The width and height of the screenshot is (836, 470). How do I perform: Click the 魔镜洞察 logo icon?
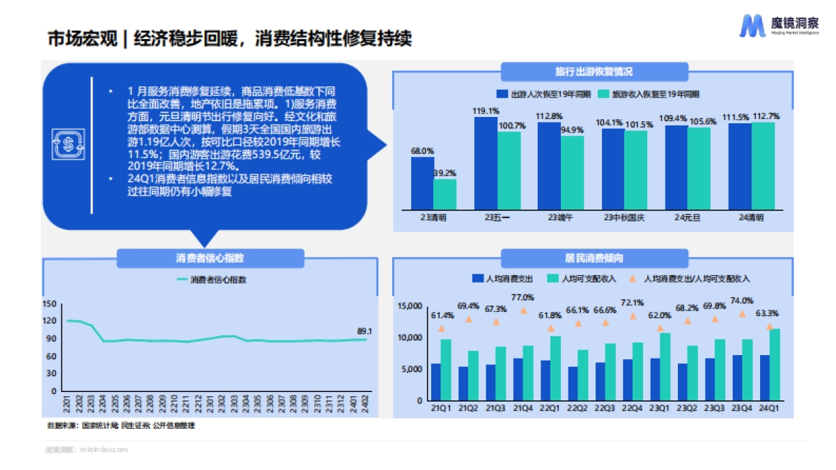pos(752,25)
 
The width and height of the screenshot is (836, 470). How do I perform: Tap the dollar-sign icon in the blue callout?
pos(68,145)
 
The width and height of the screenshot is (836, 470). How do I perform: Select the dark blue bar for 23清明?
pos(422,182)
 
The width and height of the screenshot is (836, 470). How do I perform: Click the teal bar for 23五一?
pos(509,170)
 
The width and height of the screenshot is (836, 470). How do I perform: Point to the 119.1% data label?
pos(486,111)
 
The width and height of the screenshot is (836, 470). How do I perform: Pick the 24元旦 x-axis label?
pos(687,217)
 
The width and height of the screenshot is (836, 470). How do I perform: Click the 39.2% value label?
pos(444,173)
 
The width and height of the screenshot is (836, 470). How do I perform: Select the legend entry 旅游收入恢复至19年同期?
pos(655,93)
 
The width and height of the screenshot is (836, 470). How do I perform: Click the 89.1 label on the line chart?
pos(364,331)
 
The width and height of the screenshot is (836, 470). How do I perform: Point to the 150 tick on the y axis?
pos(49,304)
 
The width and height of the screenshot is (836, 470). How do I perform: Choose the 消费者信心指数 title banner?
pos(210,258)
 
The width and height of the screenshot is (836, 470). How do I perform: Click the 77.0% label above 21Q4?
pos(522,298)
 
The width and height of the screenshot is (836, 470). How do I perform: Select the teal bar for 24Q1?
pos(774,364)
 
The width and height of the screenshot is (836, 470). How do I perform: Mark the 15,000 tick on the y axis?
pos(410,306)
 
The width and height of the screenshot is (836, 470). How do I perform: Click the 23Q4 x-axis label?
pos(741,408)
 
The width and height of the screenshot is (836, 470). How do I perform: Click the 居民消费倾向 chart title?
pos(594,258)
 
